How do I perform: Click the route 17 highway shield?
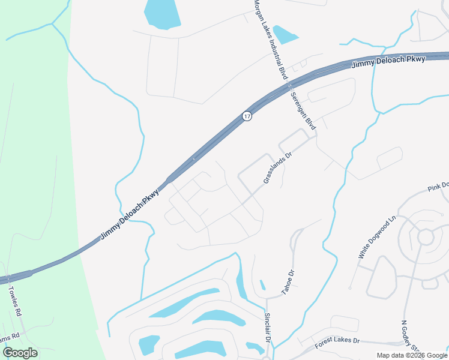coord(247,116)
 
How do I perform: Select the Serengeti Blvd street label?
coord(303,110)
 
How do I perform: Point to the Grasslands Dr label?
coord(277,167)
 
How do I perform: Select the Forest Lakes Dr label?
coord(337,344)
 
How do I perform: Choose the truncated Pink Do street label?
coord(438,185)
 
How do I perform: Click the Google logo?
coord(20,353)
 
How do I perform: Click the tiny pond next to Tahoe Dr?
coord(262,285)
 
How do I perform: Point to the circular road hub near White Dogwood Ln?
coord(426,237)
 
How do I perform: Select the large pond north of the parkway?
coord(162,13)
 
